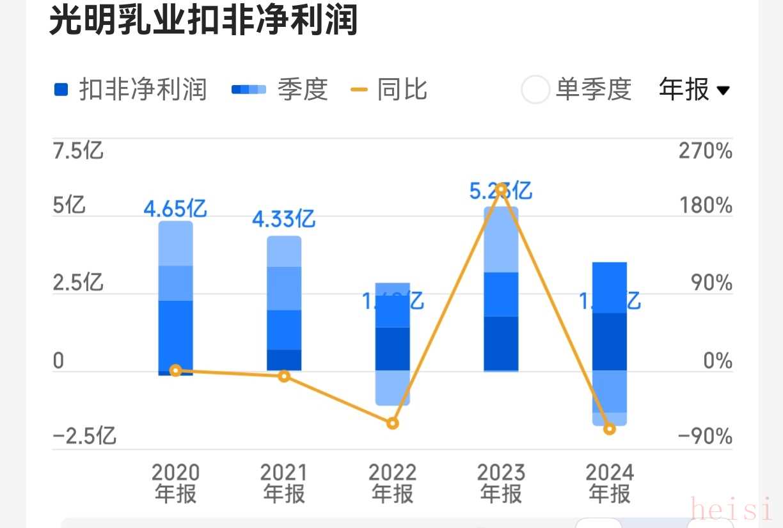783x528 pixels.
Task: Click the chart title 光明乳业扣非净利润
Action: pyautogui.click(x=203, y=22)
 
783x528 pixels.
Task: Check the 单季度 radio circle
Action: pyautogui.click(x=535, y=90)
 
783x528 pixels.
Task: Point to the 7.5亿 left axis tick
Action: pyautogui.click(x=78, y=152)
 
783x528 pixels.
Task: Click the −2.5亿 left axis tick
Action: pyautogui.click(x=84, y=437)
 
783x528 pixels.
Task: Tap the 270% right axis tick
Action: pyautogui.click(x=706, y=152)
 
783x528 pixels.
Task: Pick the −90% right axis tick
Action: pyautogui.click(x=704, y=437)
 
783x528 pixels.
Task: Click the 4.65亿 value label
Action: pyautogui.click(x=175, y=209)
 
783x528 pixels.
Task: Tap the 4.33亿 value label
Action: pyautogui.click(x=283, y=220)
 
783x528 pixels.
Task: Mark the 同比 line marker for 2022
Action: pyautogui.click(x=393, y=423)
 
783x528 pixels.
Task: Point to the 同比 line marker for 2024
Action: pyautogui.click(x=610, y=429)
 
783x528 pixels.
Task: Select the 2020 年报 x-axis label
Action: pyautogui.click(x=175, y=484)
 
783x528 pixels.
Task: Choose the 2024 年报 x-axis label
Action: pyautogui.click(x=610, y=484)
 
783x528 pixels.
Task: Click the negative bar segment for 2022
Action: pyautogui.click(x=393, y=387)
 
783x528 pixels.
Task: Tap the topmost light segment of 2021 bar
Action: pyautogui.click(x=284, y=252)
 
